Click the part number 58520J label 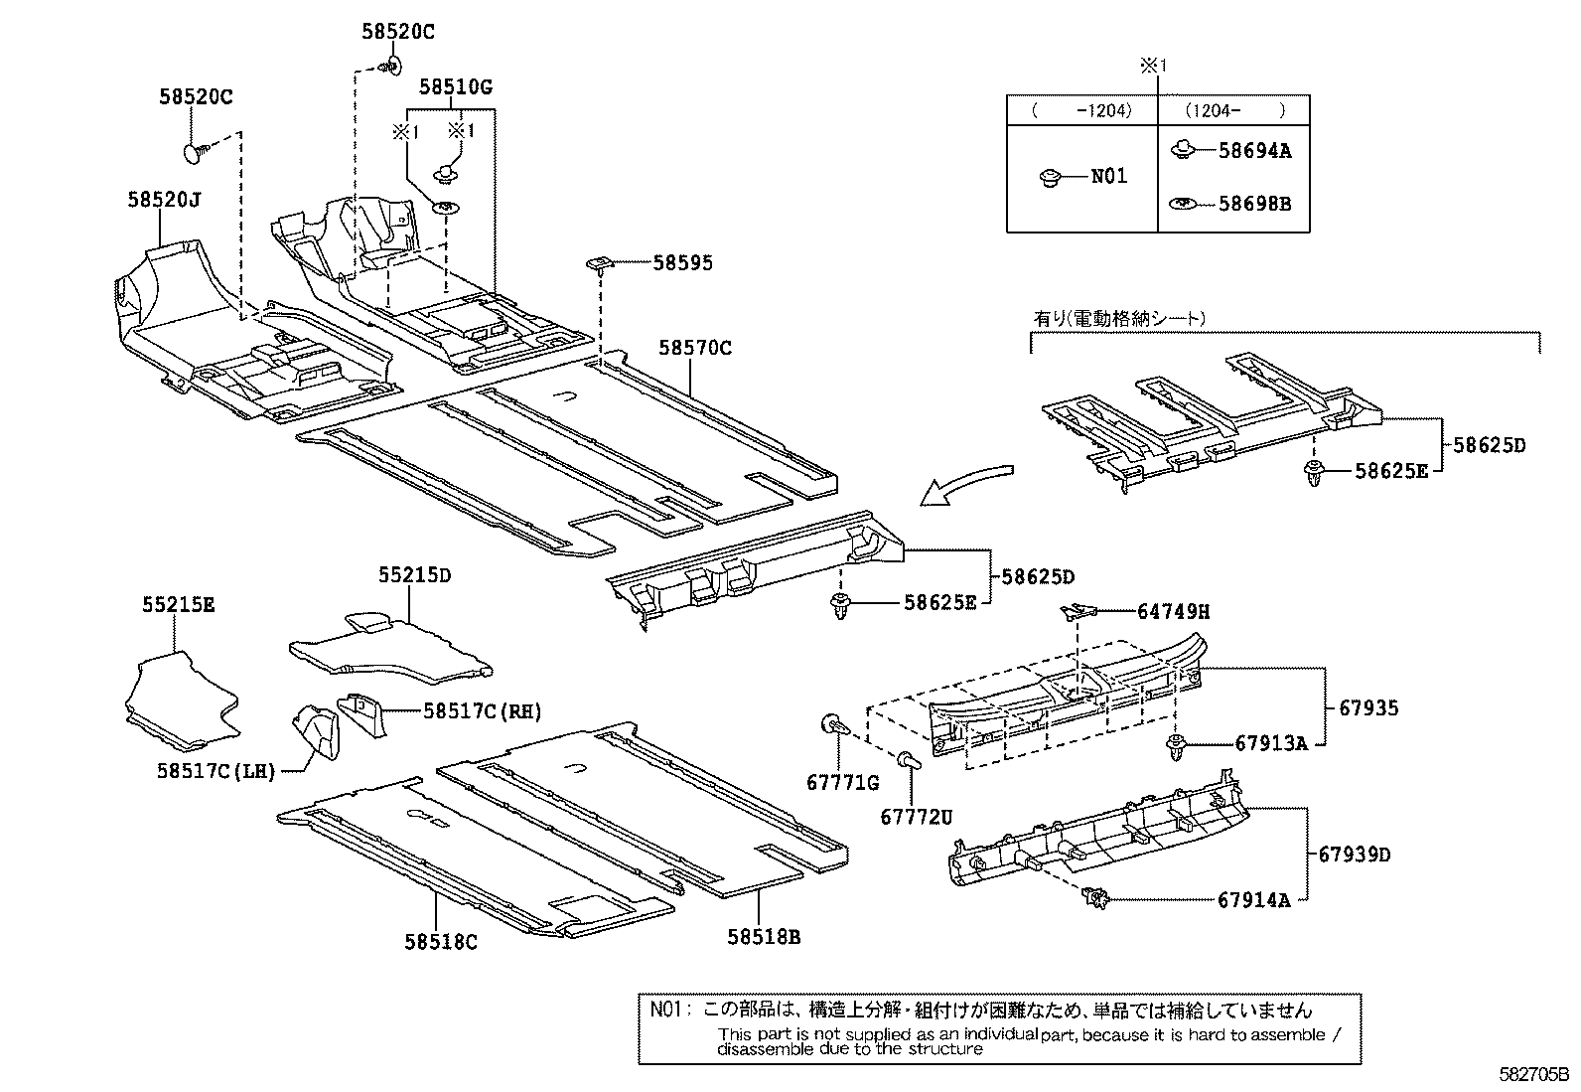click(164, 200)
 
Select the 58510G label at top click(456, 87)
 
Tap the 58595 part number click(682, 263)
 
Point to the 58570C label click(694, 348)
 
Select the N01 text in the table click(1109, 177)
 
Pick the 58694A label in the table click(1255, 151)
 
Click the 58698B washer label click(1255, 204)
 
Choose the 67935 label click(1369, 708)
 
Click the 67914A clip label click(1254, 900)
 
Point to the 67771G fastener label click(842, 783)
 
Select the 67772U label click(916, 817)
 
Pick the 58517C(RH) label click(482, 710)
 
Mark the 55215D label click(414, 575)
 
